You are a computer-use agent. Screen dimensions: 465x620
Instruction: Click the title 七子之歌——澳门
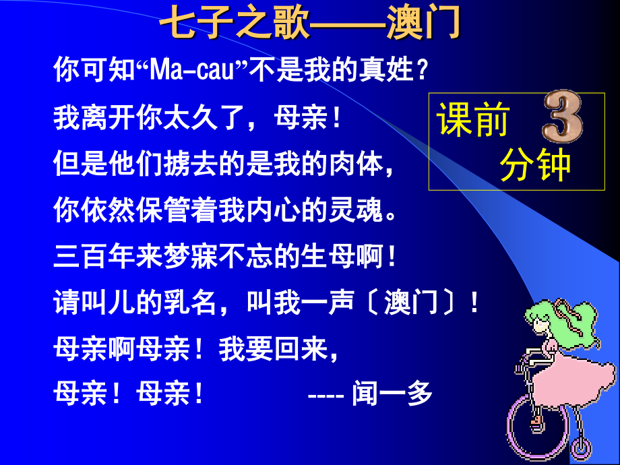[x=310, y=25]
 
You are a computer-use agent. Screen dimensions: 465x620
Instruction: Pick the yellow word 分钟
[x=535, y=166]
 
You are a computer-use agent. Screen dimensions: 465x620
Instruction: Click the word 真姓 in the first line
[x=389, y=70]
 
